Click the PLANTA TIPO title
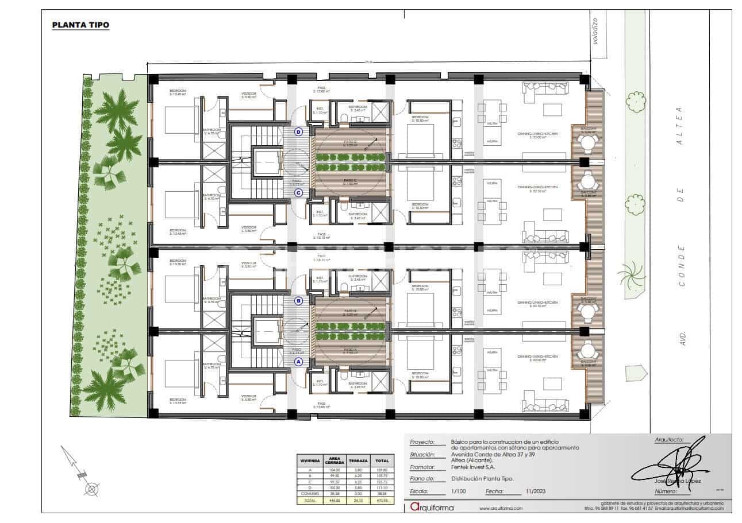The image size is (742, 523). tap(80, 25)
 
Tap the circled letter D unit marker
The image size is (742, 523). tap(298, 131)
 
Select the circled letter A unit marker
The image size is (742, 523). tap(298, 362)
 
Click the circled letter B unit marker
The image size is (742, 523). tap(298, 300)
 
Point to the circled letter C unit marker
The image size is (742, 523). tap(298, 193)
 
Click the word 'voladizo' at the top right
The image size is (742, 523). tap(595, 31)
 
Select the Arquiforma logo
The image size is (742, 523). tap(432, 507)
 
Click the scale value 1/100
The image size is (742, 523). tap(459, 491)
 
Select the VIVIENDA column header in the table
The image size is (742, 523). tap(309, 460)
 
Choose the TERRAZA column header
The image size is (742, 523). tap(358, 460)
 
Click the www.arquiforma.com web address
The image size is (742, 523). tap(501, 509)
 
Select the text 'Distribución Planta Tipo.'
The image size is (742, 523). tap(482, 479)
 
